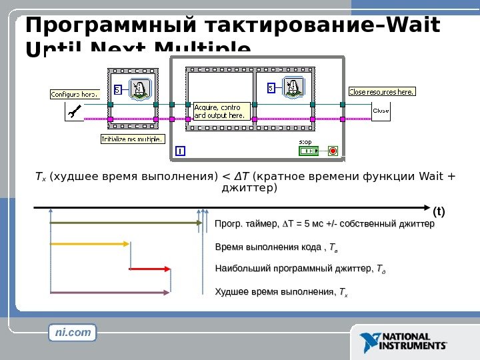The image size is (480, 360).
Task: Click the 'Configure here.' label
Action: [x=75, y=95]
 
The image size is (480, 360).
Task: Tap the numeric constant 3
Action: [x=117, y=89]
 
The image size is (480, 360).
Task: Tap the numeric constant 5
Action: [x=271, y=88]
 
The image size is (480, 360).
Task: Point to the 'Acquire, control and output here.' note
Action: [x=221, y=111]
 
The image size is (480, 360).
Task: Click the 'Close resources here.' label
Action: [x=382, y=91]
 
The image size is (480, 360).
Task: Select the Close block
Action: [x=381, y=111]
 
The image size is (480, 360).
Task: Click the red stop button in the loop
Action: [x=333, y=151]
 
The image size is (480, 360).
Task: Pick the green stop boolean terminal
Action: [x=309, y=151]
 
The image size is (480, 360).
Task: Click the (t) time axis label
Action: [x=438, y=212]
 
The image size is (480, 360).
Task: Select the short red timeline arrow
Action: [x=150, y=269]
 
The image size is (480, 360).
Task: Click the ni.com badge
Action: [x=72, y=331]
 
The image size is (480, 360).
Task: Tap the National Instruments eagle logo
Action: [x=370, y=342]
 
